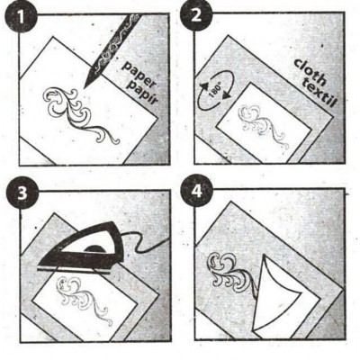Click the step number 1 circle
21,17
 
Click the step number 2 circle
195,15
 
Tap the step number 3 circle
22,194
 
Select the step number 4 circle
197,191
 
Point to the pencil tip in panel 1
85,87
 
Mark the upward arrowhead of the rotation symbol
204,86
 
